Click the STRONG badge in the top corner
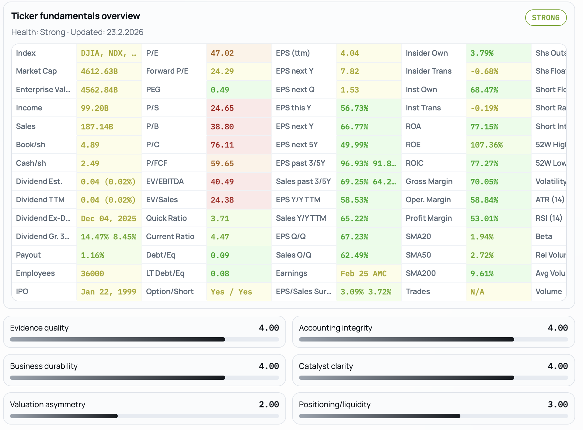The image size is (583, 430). pos(546,18)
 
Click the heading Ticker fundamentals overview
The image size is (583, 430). pos(75,16)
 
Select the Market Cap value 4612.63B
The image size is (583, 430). pos(99,71)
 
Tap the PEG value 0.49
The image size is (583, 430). pos(220,90)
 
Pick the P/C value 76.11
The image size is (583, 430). pos(222,145)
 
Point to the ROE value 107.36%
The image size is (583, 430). pos(486,145)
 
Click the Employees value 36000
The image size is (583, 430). pos(92,273)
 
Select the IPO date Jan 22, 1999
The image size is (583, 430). pos(108,292)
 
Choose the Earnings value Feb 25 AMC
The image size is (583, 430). pos(363,273)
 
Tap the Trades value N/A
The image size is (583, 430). pos(477,292)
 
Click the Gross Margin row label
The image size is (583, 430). pos(429,182)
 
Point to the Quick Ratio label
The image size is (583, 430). pos(166,218)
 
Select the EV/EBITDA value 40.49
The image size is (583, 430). pos(222,182)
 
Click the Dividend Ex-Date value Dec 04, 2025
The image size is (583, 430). pos(108,218)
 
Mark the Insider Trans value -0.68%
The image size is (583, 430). pos(484,71)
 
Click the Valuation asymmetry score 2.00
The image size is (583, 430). pos(269,404)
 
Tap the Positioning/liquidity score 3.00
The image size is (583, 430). pos(557,404)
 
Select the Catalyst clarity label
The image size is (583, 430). pos(326,366)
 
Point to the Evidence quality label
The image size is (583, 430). pos(39,328)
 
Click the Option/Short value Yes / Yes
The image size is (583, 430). pos(231,292)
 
